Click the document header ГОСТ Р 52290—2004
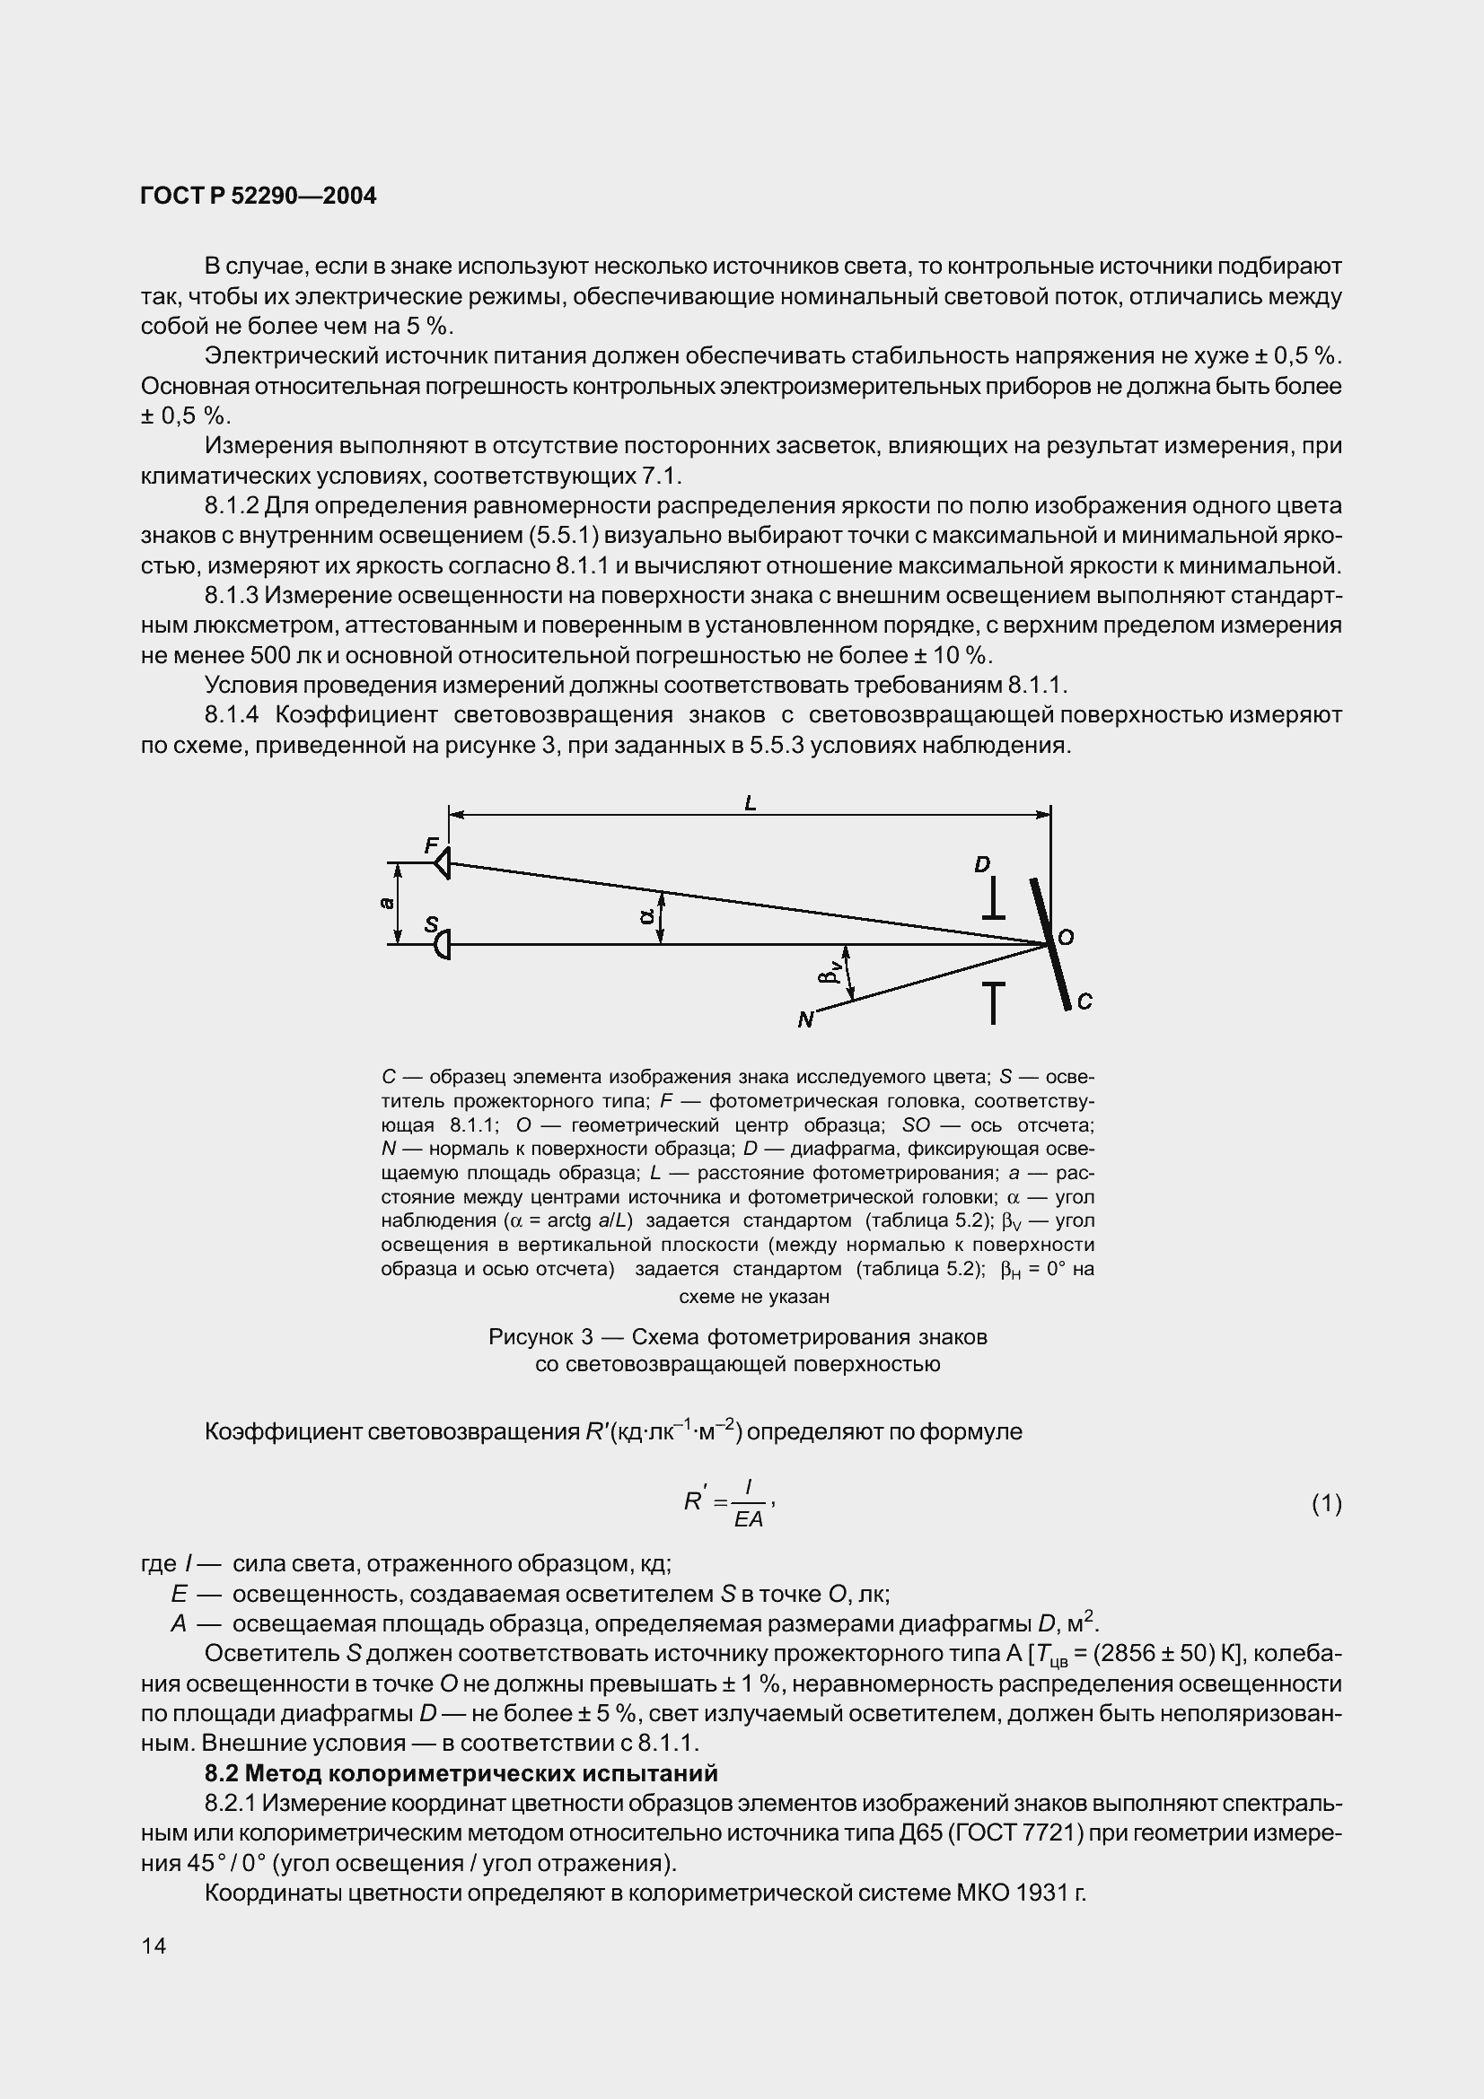pos(259,197)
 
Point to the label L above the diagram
pos(751,803)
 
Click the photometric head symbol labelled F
pos(443,863)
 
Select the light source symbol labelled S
pos(443,943)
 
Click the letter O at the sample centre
pos(1066,938)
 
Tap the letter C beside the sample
pos(1084,1002)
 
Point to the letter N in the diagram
pos(804,1019)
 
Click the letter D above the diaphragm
pos(982,865)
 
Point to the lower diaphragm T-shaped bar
pos(994,1001)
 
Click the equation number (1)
pos(1327,1503)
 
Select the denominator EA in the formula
pos(749,1519)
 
